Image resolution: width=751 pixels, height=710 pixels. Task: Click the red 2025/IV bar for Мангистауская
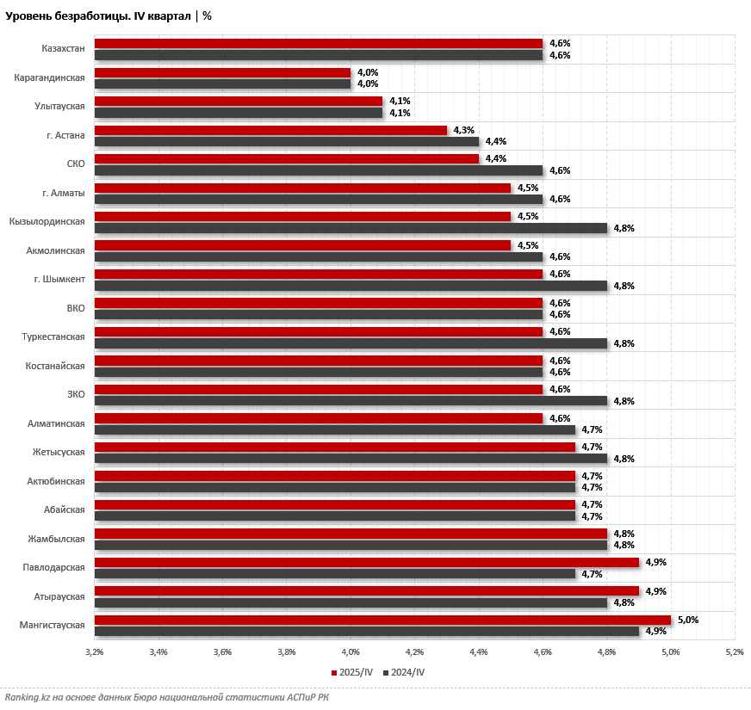382,620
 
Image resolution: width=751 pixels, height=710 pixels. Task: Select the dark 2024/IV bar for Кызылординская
351,228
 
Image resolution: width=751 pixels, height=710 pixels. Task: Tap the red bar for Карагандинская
222,72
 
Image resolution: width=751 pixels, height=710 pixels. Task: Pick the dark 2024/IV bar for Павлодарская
334,574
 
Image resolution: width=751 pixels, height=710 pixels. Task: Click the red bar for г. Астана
270,130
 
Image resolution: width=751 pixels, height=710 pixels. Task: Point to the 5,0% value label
688,620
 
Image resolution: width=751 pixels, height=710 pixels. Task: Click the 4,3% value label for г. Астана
464,130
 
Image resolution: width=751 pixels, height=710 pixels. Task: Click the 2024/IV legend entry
404,672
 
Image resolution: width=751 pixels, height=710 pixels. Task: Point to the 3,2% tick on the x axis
95,651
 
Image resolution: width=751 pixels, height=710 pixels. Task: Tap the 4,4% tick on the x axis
479,651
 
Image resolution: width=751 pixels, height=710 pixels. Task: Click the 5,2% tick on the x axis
735,651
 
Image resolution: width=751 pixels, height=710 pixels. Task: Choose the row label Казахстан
63,49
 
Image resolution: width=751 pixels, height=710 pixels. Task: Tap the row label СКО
76,164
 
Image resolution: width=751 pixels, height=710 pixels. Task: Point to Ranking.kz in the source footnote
27,697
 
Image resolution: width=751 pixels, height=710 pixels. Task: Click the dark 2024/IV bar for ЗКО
351,401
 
